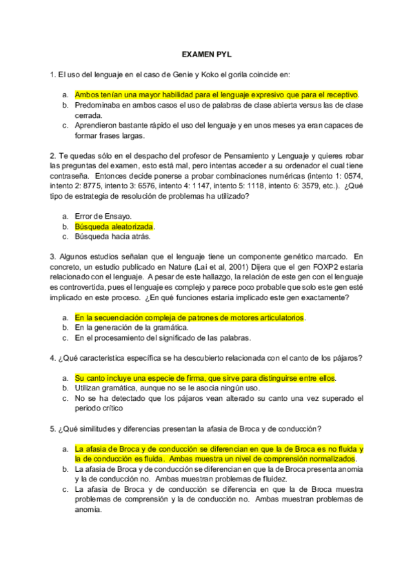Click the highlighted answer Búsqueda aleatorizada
[x=114, y=226]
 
